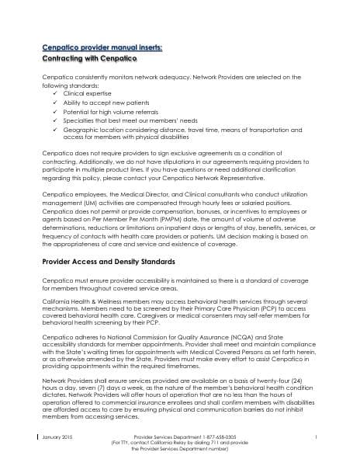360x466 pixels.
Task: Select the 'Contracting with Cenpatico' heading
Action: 89,59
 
